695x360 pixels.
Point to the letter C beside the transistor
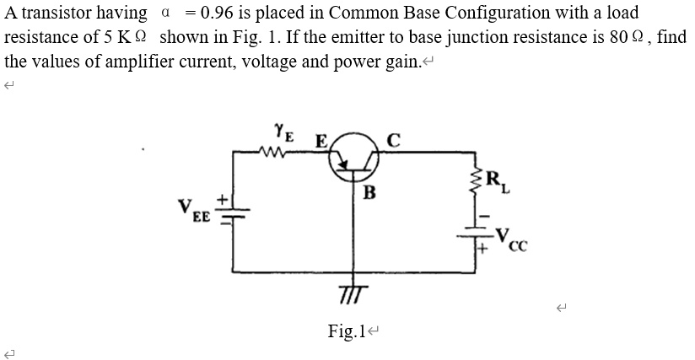[x=392, y=141]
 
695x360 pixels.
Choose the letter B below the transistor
[x=369, y=191]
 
